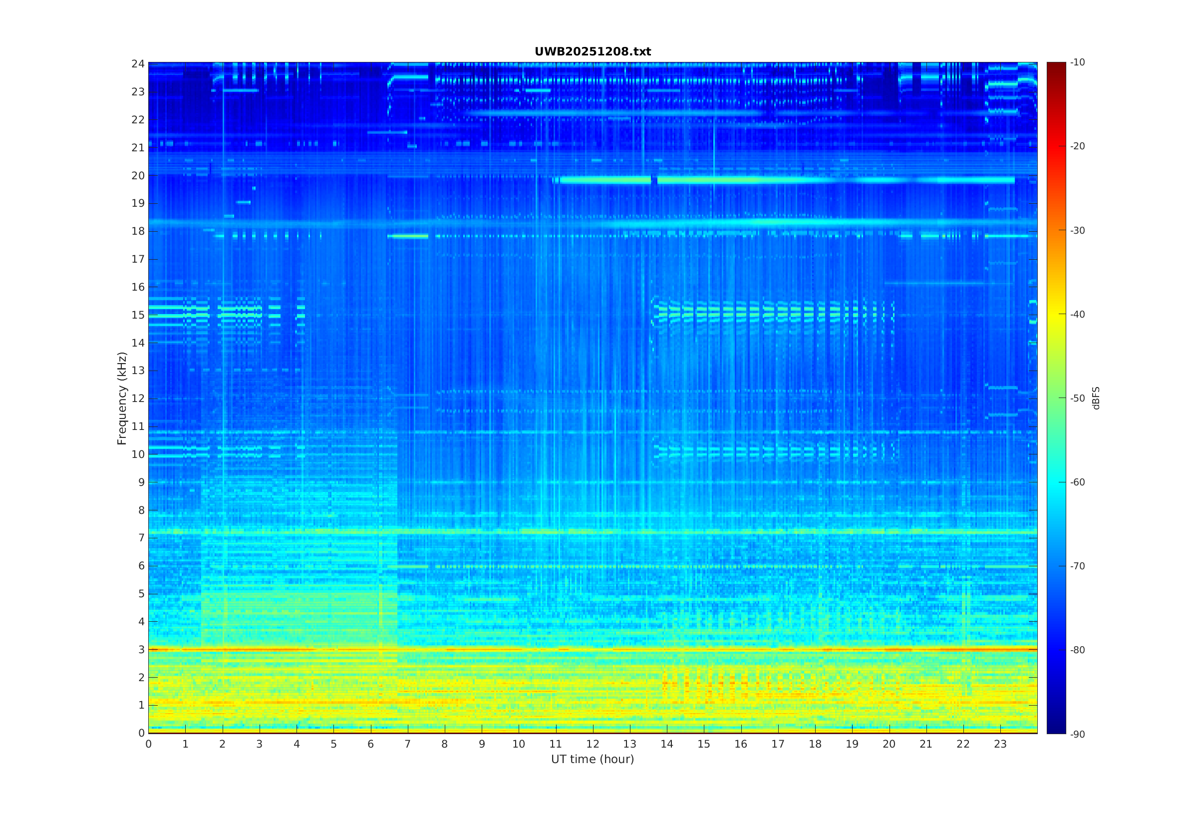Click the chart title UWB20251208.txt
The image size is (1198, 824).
point(593,51)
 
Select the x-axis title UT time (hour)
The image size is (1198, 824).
point(593,759)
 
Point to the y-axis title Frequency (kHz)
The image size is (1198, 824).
point(122,398)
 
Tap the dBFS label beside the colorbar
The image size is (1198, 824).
point(1096,398)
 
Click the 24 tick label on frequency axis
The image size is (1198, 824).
point(138,64)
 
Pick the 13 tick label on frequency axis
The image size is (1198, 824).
point(138,371)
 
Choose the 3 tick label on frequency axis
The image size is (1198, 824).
point(141,650)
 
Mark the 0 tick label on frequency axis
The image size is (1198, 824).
point(141,733)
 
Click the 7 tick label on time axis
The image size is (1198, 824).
point(408,744)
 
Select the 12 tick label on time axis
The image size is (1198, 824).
point(593,744)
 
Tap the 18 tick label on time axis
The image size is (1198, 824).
point(815,744)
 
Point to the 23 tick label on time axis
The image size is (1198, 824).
point(1000,744)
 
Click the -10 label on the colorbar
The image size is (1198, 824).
point(1078,62)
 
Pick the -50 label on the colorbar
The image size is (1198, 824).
point(1078,398)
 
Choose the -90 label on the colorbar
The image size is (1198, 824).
point(1078,734)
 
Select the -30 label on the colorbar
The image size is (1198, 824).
point(1078,230)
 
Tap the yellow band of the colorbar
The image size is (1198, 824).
point(1056,314)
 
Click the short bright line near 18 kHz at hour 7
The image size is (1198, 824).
point(408,236)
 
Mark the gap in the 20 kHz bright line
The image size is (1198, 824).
point(654,180)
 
